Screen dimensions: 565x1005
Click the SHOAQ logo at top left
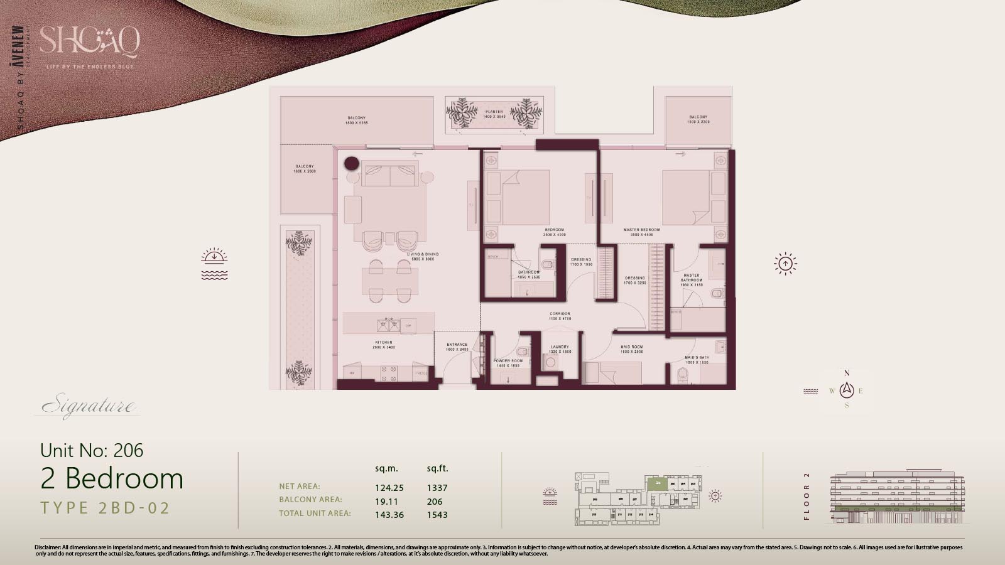click(x=89, y=43)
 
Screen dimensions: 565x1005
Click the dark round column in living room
click(x=352, y=164)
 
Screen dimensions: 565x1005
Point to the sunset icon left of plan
click(x=214, y=264)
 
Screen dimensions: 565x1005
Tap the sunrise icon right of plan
click(x=785, y=264)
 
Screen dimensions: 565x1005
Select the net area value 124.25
click(x=389, y=488)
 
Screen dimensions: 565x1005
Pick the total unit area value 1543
click(x=437, y=515)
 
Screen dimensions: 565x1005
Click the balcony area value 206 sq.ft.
click(x=435, y=502)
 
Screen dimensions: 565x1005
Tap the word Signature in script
click(x=87, y=406)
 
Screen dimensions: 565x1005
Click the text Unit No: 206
click(x=92, y=450)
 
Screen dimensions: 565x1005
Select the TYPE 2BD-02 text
click(x=105, y=508)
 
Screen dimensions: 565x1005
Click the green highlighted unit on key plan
click(x=657, y=483)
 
